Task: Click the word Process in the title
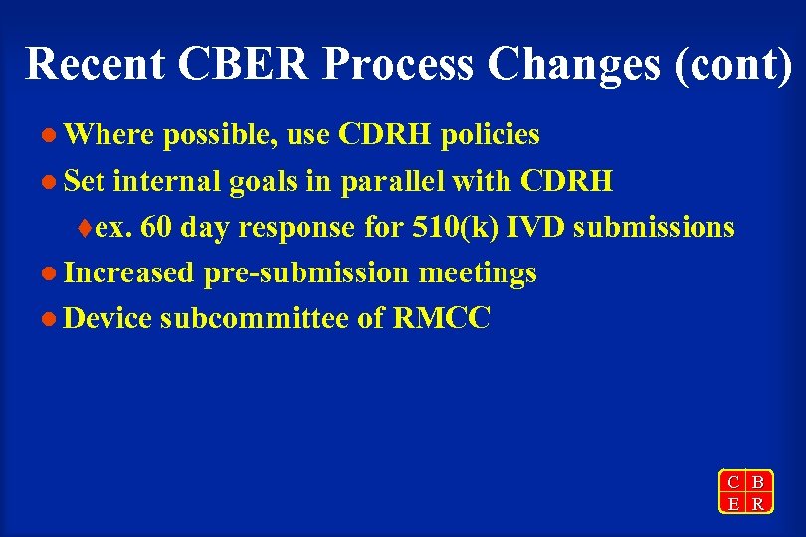(398, 63)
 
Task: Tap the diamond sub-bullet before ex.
(85, 228)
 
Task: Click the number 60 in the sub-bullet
(154, 227)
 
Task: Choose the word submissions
(654, 227)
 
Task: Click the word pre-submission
(306, 273)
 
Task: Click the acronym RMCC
(442, 319)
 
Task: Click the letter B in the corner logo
(758, 482)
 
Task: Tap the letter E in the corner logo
(733, 503)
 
